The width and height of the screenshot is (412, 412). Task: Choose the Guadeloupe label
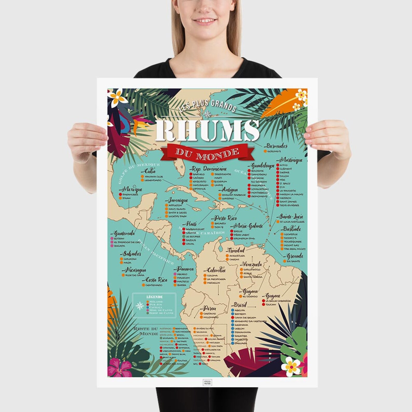(263, 166)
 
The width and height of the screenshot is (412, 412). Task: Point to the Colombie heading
(216, 270)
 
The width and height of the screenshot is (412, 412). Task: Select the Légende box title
(154, 297)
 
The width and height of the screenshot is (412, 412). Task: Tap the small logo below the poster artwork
(207, 382)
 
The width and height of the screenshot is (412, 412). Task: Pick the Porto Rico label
(225, 218)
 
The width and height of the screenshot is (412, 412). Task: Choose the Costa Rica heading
(156, 280)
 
